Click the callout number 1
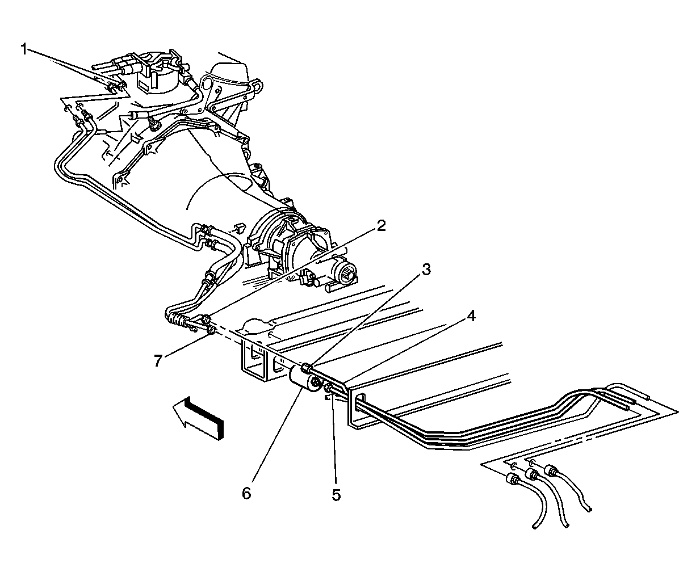[24, 49]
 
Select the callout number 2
[381, 226]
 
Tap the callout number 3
[426, 270]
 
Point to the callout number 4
[471, 316]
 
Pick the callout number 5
[336, 495]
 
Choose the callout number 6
[246, 493]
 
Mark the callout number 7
[158, 361]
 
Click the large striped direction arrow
[198, 418]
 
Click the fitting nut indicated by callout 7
[211, 330]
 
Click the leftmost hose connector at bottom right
[513, 480]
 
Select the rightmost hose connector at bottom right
[552, 471]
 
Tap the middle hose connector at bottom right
[533, 474]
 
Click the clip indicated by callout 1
[115, 87]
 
